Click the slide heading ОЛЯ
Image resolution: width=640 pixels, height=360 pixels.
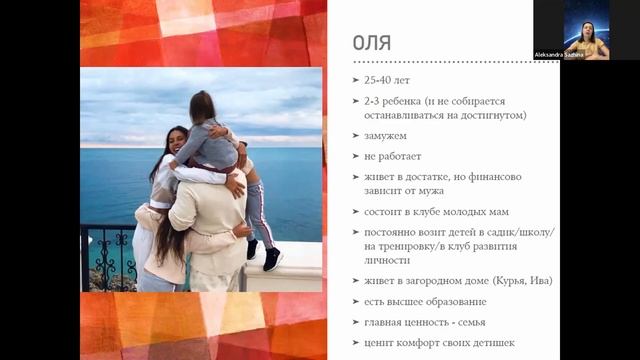pyautogui.click(x=372, y=42)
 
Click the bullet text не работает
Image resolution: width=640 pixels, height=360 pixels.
pyautogui.click(x=394, y=155)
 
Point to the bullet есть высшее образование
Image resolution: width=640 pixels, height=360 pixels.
pyautogui.click(x=425, y=301)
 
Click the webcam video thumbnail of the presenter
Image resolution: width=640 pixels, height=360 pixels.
pyautogui.click(x=586, y=30)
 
